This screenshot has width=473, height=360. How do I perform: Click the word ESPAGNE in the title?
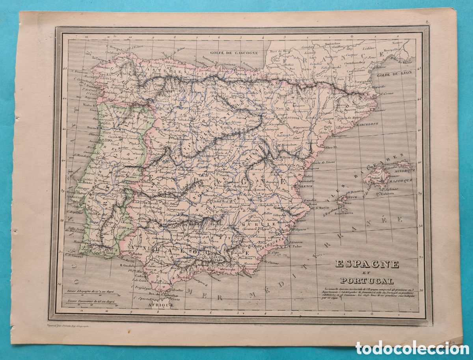[362, 264]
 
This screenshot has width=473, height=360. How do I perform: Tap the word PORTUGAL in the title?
[362, 281]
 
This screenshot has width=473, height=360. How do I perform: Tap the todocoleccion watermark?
[413, 348]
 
